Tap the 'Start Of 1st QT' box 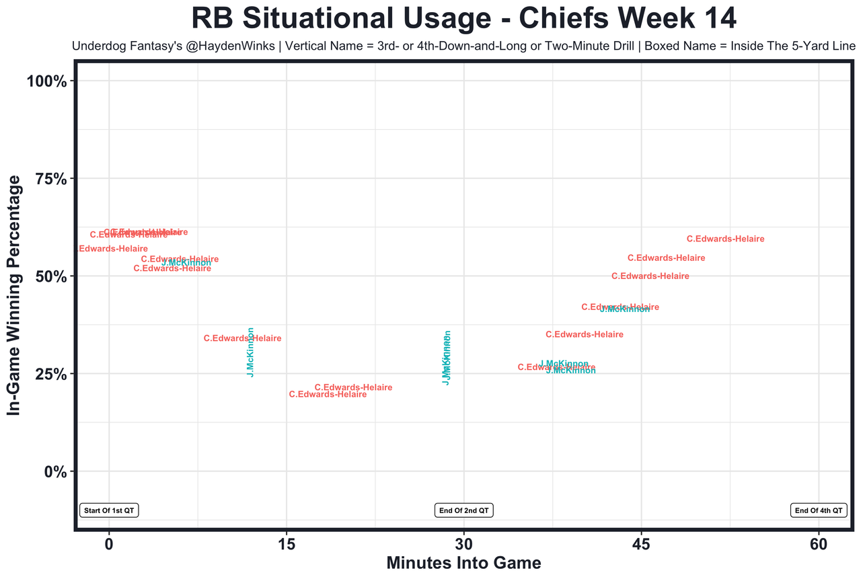coord(110,510)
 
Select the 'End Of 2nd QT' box coord(464,510)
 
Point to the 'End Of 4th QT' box coord(819,510)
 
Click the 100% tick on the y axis coord(46,81)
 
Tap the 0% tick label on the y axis coord(54,471)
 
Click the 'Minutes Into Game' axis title coord(463,562)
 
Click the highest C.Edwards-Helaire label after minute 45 coord(725,239)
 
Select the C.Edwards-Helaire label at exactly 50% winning coord(650,276)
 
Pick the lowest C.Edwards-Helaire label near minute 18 coord(328,394)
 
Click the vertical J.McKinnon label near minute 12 coord(250,352)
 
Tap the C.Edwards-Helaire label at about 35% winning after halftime coord(584,334)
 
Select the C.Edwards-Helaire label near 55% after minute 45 coord(666,258)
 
